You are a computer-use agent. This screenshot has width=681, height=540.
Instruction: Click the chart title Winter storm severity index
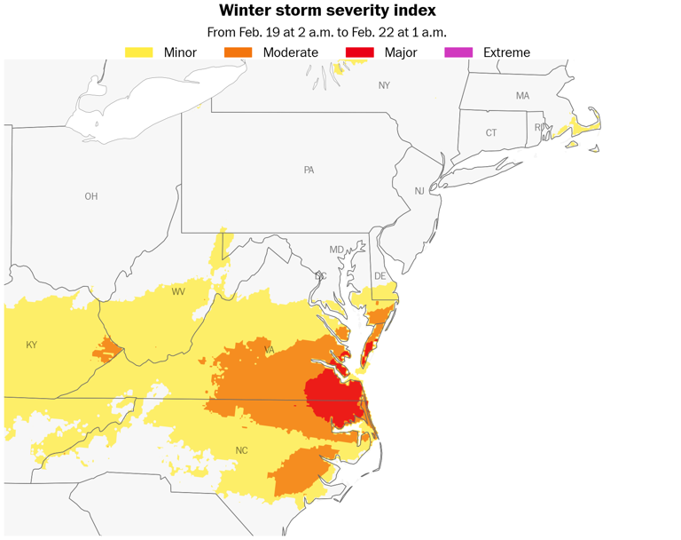click(327, 12)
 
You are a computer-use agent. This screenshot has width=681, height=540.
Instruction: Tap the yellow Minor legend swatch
click(139, 52)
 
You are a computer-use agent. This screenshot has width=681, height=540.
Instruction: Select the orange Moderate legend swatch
click(238, 52)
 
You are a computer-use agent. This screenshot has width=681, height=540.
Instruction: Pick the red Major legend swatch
click(359, 52)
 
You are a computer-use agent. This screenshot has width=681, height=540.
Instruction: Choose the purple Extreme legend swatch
click(458, 52)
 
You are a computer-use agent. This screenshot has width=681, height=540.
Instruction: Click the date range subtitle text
click(327, 32)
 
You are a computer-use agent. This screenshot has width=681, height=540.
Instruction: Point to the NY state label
click(384, 85)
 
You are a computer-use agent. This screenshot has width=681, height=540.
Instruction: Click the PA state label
click(309, 170)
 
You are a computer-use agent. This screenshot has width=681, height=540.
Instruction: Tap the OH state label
click(91, 196)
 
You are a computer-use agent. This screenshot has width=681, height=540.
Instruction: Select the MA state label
click(522, 95)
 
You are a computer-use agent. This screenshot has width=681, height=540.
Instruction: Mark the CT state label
click(491, 132)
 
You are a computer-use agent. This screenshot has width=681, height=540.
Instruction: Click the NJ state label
click(419, 191)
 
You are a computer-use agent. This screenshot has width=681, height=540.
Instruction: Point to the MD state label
click(336, 250)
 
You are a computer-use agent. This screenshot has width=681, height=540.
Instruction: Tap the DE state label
click(380, 276)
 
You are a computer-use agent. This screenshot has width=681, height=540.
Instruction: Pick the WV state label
click(178, 291)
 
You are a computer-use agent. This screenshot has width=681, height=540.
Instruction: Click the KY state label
click(32, 345)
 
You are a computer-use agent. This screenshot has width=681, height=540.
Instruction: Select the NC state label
click(241, 450)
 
